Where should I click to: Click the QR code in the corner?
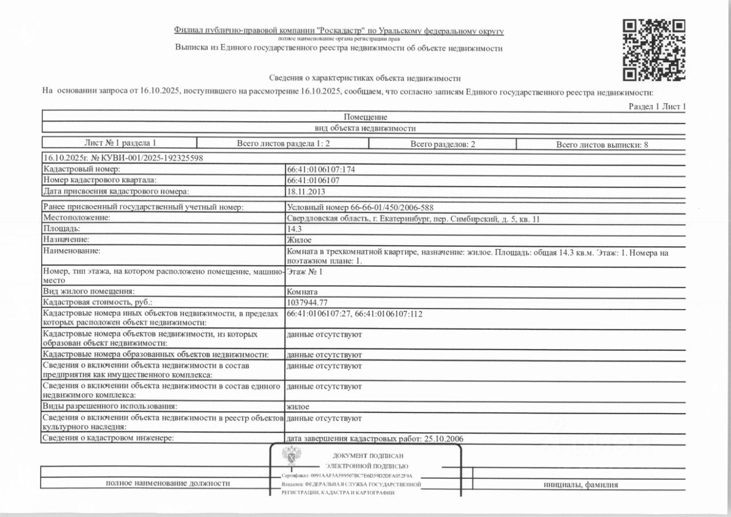click(x=654, y=50)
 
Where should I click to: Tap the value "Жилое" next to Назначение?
click(x=299, y=239)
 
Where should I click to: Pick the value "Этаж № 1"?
click(x=304, y=272)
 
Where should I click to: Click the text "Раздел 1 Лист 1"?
click(x=657, y=107)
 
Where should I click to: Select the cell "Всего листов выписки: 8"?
click(x=602, y=145)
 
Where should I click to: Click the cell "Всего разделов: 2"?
click(x=443, y=145)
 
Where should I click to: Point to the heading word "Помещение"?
click(x=365, y=117)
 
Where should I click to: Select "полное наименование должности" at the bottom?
click(x=168, y=483)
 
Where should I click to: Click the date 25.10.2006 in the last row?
click(x=443, y=438)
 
